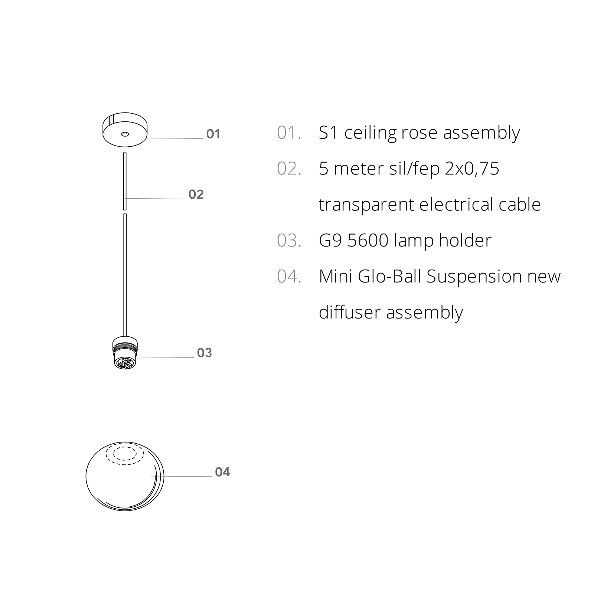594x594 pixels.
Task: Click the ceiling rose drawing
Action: tap(125, 130)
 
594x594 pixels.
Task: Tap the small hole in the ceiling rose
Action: tap(125, 134)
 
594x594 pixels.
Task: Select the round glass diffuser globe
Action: tap(125, 476)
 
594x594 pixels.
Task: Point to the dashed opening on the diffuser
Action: tap(125, 454)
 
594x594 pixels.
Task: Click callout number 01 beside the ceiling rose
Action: tap(213, 134)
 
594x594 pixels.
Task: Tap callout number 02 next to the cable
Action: tap(196, 195)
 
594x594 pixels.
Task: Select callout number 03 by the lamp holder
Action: tap(204, 353)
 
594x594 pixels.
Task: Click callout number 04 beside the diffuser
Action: tap(222, 472)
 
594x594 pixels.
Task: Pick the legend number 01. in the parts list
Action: tap(289, 133)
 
